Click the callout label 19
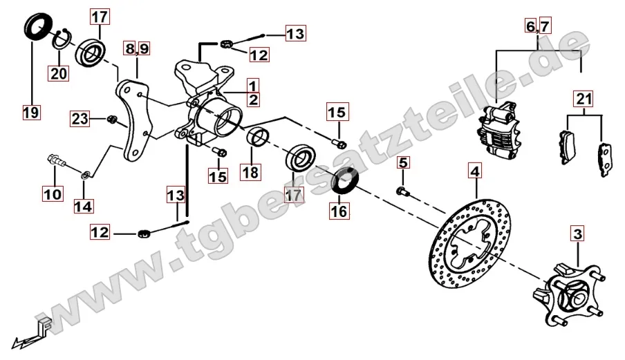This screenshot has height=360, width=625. [x=31, y=113]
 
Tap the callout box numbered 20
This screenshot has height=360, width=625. [x=59, y=73]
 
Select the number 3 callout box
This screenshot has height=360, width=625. [x=577, y=234]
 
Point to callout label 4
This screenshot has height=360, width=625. [x=474, y=171]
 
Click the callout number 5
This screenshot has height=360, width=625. [x=403, y=162]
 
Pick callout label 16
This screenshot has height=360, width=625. [x=339, y=211]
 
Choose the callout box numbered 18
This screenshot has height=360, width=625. [x=251, y=173]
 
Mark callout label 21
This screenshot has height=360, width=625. [x=584, y=98]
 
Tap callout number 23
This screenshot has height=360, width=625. [x=80, y=119]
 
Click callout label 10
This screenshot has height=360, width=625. [x=53, y=194]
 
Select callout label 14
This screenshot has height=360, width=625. [x=83, y=206]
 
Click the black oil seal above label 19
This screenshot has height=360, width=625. [x=39, y=26]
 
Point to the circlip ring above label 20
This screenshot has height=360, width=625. [x=61, y=39]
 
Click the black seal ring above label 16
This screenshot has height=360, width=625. [x=345, y=180]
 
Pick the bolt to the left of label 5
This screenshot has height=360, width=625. [x=402, y=192]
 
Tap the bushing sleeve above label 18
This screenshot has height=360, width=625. [x=257, y=138]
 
